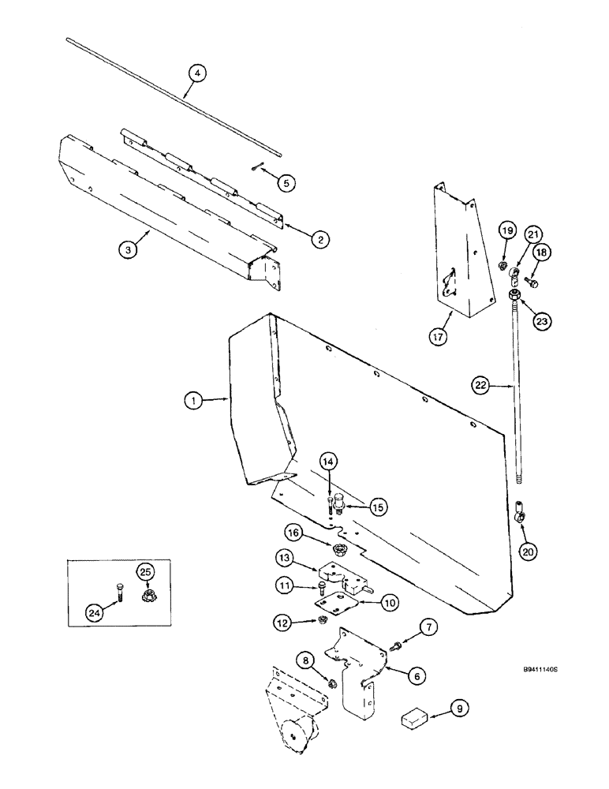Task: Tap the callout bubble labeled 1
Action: click(x=192, y=401)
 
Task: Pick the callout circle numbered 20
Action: click(x=529, y=552)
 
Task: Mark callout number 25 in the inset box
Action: click(x=146, y=572)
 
